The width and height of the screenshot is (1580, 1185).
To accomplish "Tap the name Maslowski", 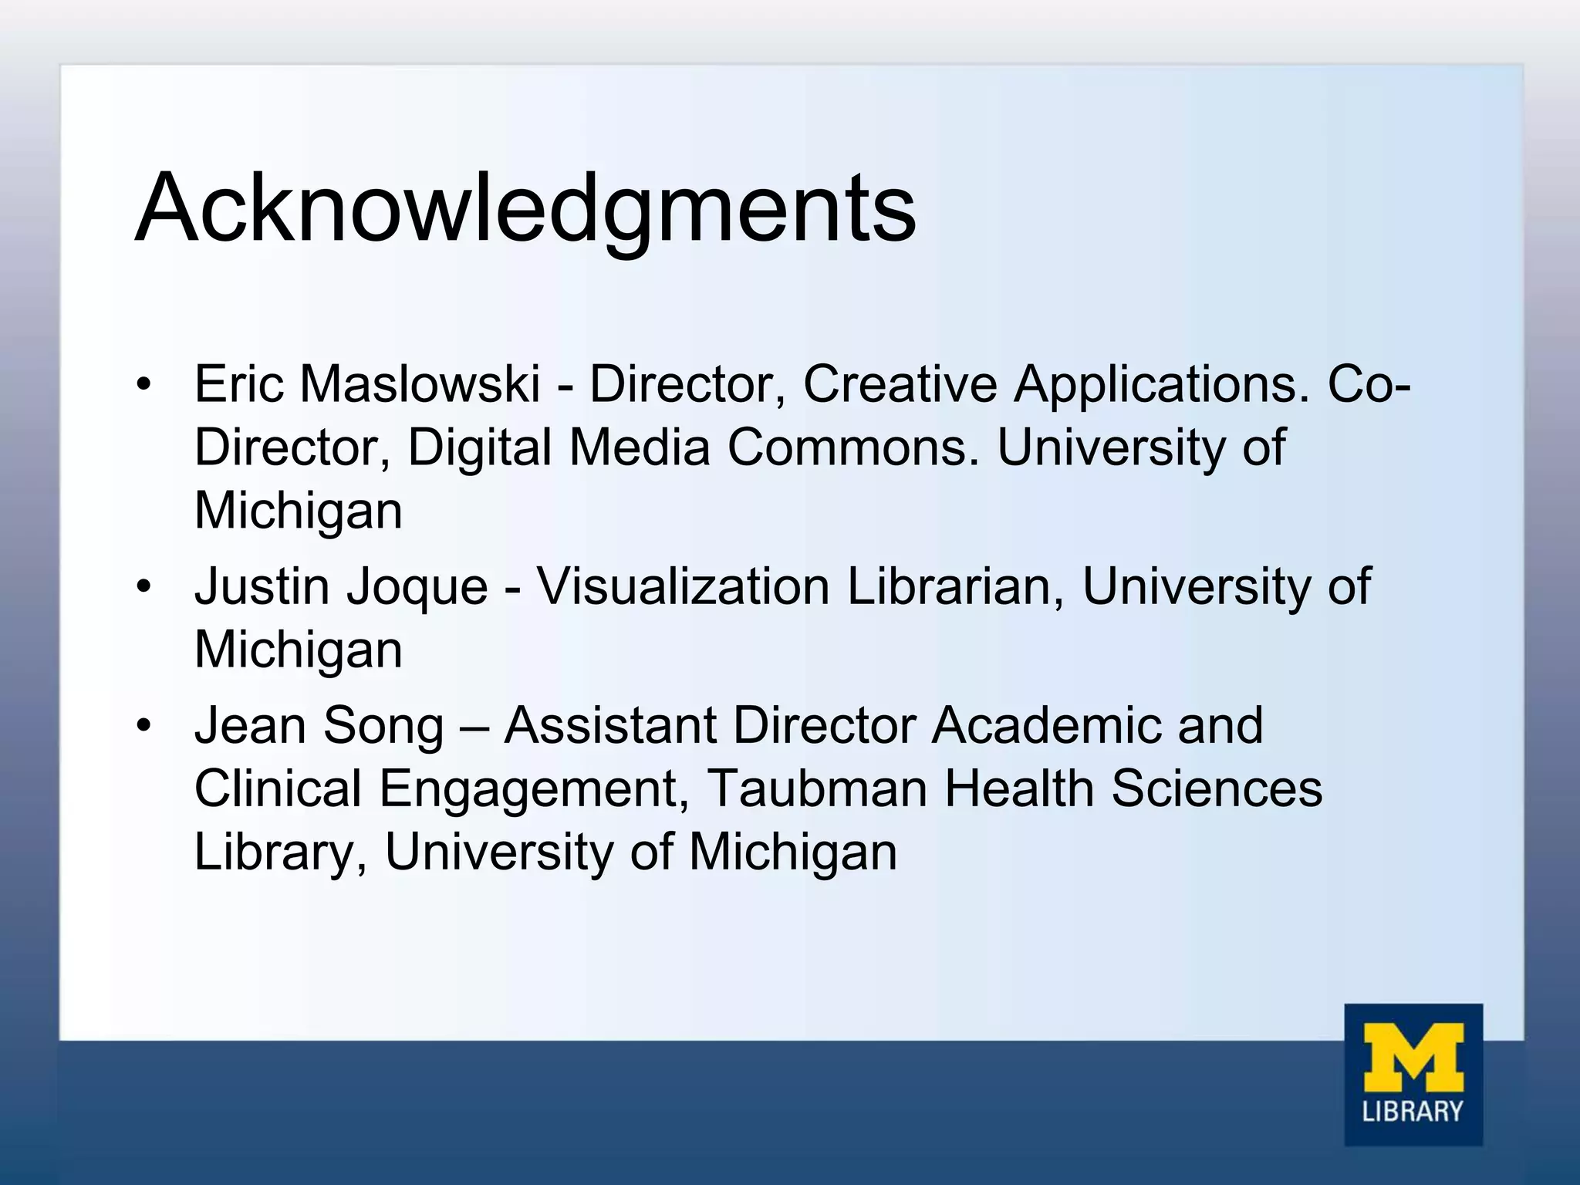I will pyautogui.click(x=420, y=383).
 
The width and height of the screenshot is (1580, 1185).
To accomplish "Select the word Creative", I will pyautogui.click(x=900, y=383).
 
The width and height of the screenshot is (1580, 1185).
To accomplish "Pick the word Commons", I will pyautogui.click(x=852, y=447).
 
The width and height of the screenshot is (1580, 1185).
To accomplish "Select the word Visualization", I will pyautogui.click(x=683, y=586).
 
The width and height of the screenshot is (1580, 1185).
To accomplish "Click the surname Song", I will pyautogui.click(x=383, y=728).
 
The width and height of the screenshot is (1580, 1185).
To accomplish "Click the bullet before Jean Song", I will pyautogui.click(x=143, y=727).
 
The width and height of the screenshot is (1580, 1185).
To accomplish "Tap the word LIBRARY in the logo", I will pyautogui.click(x=1413, y=1111).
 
